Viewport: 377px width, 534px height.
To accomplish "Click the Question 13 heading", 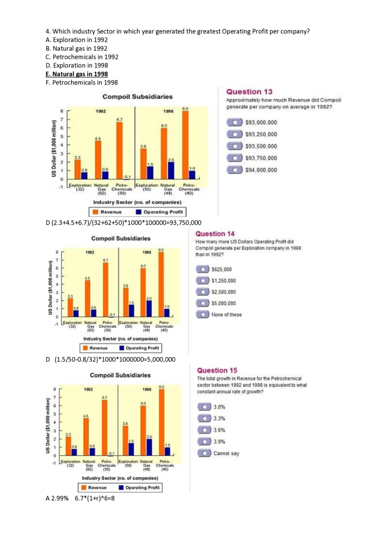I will (249, 92).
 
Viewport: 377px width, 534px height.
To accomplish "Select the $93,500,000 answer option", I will (261, 146).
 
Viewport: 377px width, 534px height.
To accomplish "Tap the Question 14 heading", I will (215, 234).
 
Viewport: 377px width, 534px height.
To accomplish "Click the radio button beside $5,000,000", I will (203, 303).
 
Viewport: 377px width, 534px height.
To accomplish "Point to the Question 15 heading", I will (217, 371).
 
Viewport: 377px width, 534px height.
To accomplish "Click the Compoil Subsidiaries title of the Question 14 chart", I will (121, 238).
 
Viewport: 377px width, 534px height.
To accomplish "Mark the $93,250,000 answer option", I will (261, 135).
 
